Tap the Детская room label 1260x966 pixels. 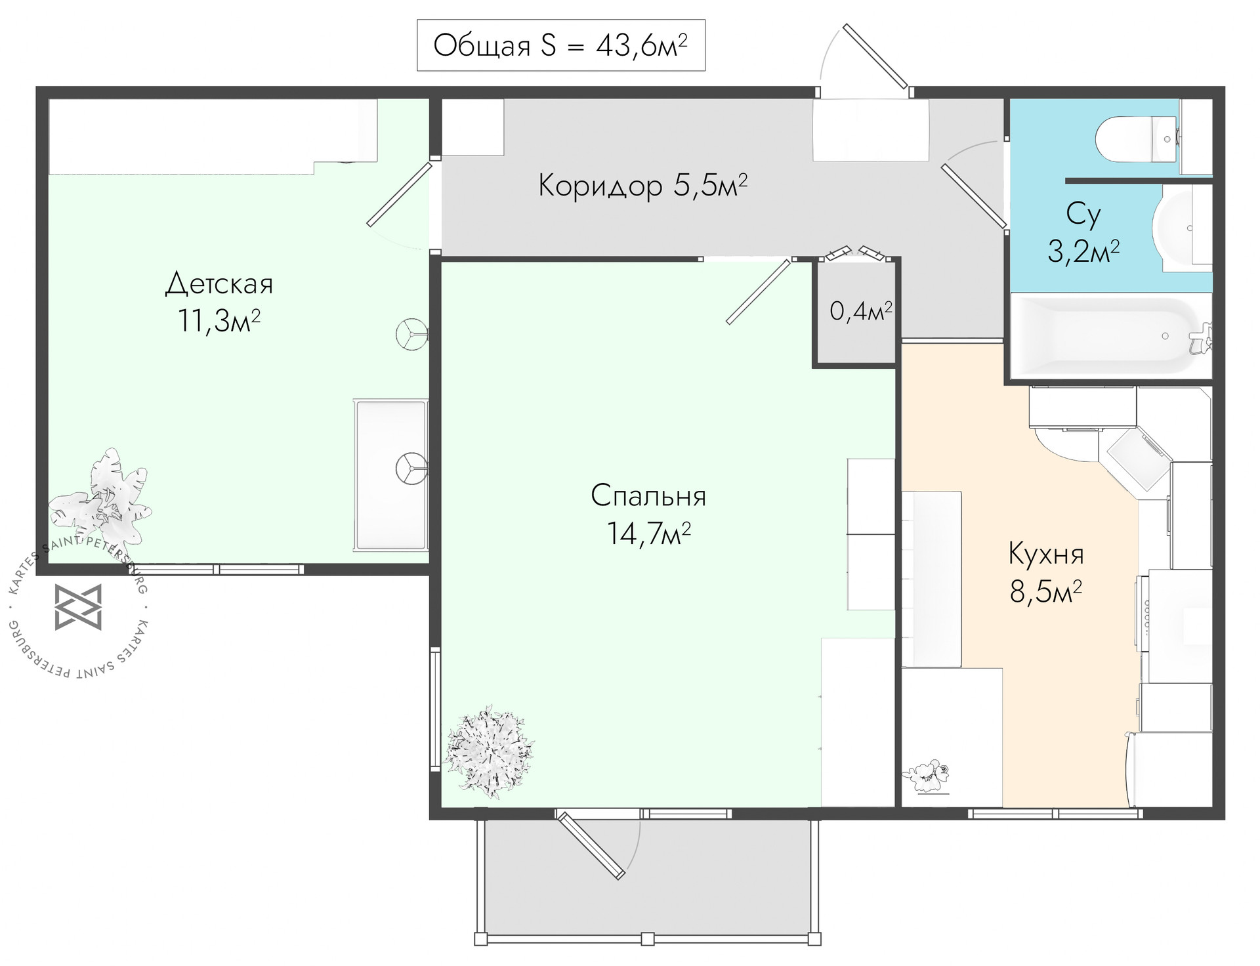click(x=219, y=284)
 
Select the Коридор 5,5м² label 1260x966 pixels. click(x=643, y=186)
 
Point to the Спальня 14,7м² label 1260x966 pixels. click(x=648, y=514)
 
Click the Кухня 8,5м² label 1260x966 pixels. click(x=1046, y=572)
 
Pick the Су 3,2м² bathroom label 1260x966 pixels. click(x=1083, y=232)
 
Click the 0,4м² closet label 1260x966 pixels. click(x=861, y=311)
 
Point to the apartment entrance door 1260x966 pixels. click(x=875, y=57)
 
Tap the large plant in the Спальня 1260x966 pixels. click(x=489, y=751)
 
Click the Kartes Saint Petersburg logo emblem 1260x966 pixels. click(x=78, y=607)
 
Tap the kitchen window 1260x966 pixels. click(x=1055, y=814)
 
